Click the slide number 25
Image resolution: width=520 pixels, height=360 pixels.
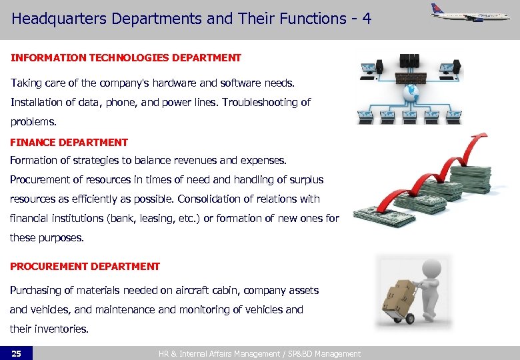(x=16, y=353)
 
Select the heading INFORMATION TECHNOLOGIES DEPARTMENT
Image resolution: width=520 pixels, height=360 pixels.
(x=125, y=58)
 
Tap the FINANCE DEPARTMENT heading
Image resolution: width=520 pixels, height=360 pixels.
(x=69, y=142)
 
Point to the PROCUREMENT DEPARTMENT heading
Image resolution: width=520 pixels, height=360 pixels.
(x=85, y=266)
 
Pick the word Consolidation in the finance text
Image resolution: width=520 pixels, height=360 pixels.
(x=209, y=199)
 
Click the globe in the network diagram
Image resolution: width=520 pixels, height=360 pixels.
(x=411, y=91)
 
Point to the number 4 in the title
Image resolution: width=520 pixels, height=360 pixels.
(x=367, y=19)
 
